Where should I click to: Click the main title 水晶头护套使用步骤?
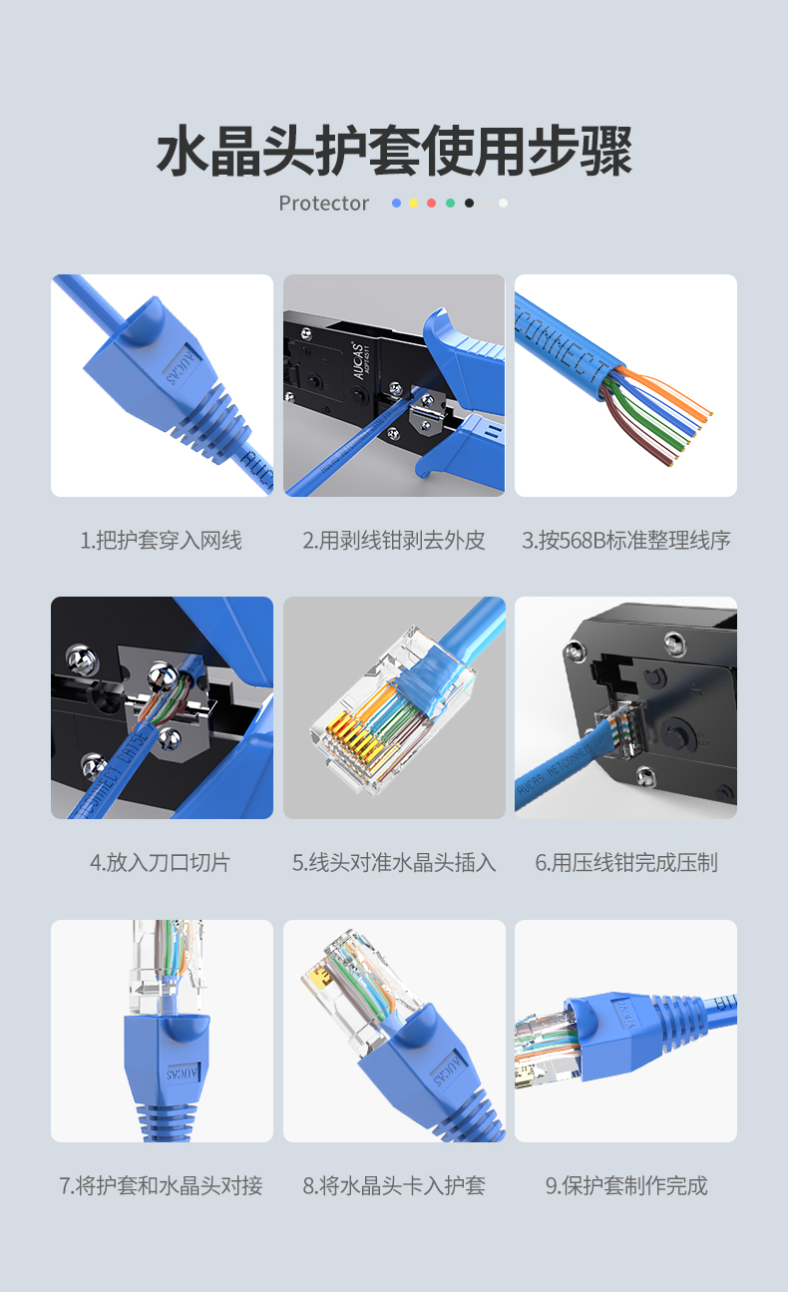[x=395, y=151]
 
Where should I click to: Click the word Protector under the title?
[x=323, y=204]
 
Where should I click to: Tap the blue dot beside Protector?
[x=396, y=204]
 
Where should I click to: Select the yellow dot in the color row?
[x=414, y=204]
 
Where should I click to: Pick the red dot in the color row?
[x=432, y=204]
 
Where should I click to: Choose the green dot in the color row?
[x=451, y=204]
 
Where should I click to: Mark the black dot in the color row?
[x=470, y=204]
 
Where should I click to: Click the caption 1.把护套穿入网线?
[x=161, y=541]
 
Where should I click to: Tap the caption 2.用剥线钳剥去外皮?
[x=394, y=541]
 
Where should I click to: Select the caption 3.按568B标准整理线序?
[x=625, y=541]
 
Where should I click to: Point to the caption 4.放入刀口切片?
[x=161, y=863]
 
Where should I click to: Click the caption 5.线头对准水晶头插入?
[x=394, y=863]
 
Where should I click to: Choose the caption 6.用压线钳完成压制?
[x=626, y=863]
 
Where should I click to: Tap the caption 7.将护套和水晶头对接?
[x=161, y=1186]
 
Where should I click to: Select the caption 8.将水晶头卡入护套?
[x=394, y=1186]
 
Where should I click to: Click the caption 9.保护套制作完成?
[x=626, y=1186]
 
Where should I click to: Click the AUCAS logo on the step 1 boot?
[x=183, y=364]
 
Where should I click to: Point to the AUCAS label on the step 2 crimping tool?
[x=358, y=361]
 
